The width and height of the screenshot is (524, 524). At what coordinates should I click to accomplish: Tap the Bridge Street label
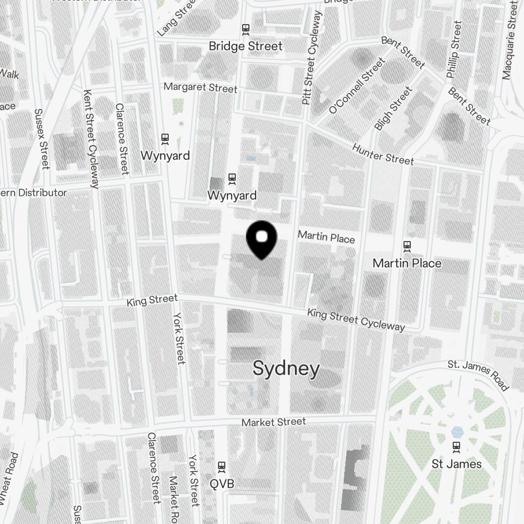(245, 46)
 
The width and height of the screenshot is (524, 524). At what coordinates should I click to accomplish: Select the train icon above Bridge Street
(245, 29)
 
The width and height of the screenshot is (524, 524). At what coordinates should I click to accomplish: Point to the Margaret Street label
(200, 88)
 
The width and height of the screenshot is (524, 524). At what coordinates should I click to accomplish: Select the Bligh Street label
(394, 109)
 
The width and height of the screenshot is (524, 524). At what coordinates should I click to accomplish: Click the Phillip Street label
(454, 50)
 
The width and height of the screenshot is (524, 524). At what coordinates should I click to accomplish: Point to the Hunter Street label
(383, 154)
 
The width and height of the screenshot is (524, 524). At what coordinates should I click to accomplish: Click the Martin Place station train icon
(407, 245)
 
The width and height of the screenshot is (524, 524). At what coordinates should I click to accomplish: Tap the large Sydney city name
(286, 369)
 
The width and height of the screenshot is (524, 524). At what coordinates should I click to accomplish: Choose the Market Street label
(274, 422)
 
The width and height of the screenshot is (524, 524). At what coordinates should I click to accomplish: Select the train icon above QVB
(222, 466)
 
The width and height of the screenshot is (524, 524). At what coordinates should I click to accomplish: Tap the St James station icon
(456, 446)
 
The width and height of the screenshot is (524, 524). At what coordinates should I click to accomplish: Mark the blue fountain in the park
(457, 431)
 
